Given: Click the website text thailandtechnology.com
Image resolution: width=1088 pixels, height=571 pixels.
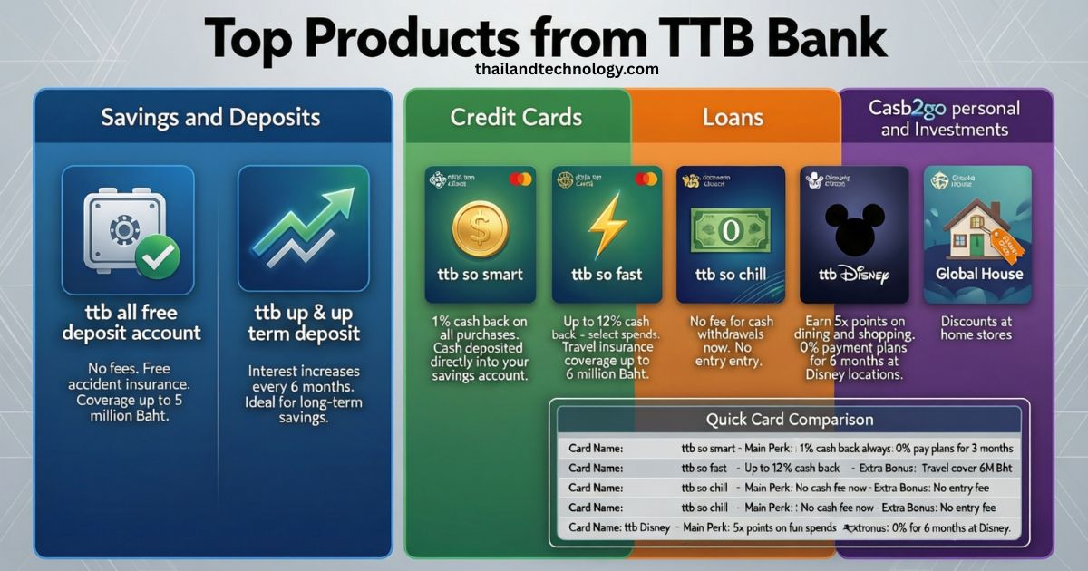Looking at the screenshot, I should [566, 69].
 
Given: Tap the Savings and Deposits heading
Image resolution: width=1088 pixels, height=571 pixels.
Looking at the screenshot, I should [210, 117].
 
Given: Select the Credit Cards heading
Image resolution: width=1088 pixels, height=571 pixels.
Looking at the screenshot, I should [516, 117].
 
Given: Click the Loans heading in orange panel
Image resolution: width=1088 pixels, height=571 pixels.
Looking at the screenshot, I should [733, 117].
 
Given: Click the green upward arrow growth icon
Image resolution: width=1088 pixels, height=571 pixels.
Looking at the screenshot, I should [304, 227].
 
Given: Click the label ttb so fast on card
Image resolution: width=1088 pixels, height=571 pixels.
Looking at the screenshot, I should [605, 274].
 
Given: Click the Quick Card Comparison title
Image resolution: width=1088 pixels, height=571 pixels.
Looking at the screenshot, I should [789, 420].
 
